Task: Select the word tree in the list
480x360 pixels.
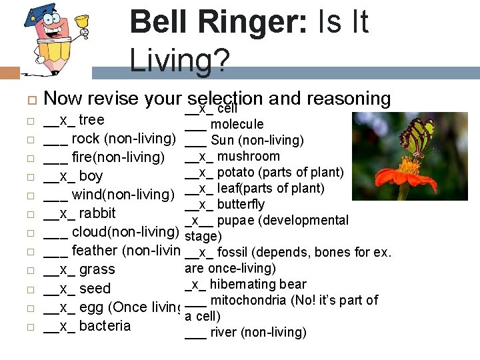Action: tap(91, 120)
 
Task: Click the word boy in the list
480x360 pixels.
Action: tap(91, 176)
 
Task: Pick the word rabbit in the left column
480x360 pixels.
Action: tap(97, 213)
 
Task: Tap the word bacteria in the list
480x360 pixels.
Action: tap(105, 325)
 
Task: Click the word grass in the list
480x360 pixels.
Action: tap(97, 269)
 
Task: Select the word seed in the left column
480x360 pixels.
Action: tap(95, 288)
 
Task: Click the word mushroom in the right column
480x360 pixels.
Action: tap(249, 157)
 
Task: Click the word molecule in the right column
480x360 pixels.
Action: tap(237, 125)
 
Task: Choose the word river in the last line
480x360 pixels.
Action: tap(223, 333)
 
